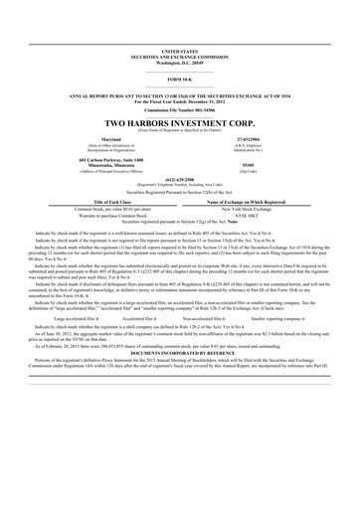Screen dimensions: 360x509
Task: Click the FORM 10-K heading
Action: pos(180,79)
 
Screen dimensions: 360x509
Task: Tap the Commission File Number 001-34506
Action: pos(180,108)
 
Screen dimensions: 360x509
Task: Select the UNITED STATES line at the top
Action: pos(180,48)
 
